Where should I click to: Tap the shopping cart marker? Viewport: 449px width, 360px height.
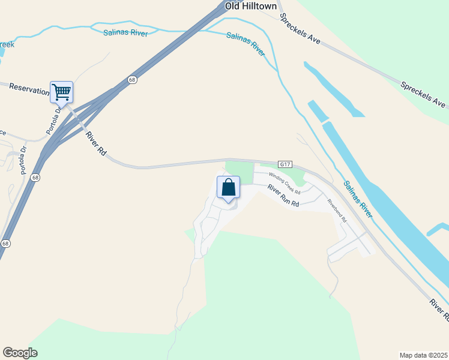point(61,92)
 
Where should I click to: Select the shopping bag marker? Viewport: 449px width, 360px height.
point(228,188)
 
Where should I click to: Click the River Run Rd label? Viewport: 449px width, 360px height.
point(283,196)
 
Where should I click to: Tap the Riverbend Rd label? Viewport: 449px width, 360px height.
point(337,210)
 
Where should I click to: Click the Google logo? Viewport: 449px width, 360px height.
point(20,352)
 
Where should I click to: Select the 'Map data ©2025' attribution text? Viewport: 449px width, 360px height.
point(423,355)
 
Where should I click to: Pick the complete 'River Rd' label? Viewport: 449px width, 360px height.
point(95,144)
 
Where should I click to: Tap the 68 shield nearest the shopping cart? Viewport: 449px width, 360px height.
point(131,80)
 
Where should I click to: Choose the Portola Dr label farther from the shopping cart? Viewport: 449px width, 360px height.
point(23,160)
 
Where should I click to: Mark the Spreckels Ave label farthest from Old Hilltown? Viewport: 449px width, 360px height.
point(424,94)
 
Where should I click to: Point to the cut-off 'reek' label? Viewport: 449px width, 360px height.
point(7,44)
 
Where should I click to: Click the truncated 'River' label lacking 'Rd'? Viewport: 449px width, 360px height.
point(439,308)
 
